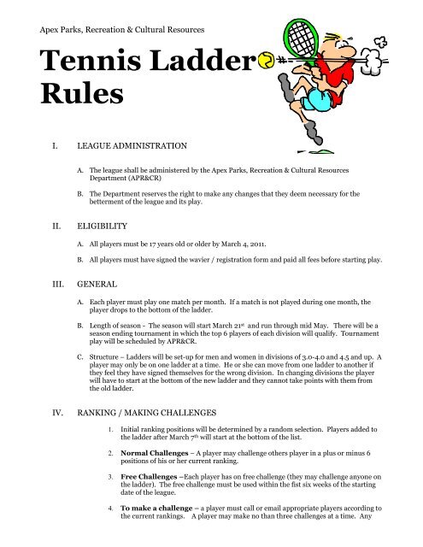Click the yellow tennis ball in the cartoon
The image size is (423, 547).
point(267,62)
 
